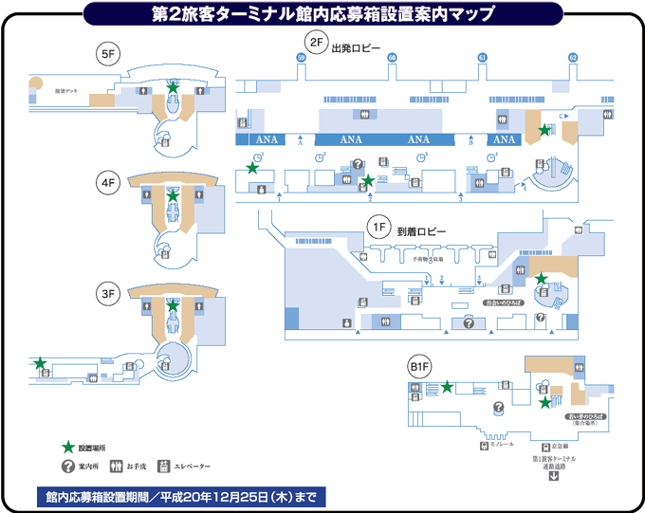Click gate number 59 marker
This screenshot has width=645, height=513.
click(x=302, y=58)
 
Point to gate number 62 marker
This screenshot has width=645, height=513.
click(x=572, y=58)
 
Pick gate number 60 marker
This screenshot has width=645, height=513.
click(x=392, y=58)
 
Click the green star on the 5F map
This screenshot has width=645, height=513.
click(x=173, y=87)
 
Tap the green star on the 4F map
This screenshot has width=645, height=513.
click(x=173, y=195)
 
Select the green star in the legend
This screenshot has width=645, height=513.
click(x=67, y=446)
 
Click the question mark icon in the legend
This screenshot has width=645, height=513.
click(x=67, y=466)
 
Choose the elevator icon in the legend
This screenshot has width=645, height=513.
click(x=163, y=466)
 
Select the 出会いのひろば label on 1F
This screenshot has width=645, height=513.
click(x=498, y=303)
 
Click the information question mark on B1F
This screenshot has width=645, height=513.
click(x=498, y=408)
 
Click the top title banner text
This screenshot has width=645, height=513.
click(x=323, y=13)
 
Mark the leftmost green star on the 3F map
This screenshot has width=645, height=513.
click(x=40, y=363)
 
